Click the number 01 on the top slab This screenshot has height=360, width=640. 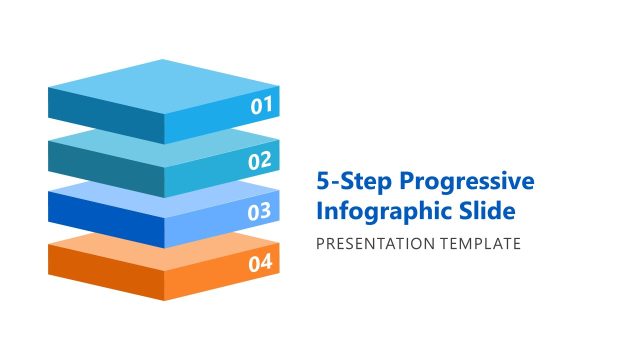(261, 105)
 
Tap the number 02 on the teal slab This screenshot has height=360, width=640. (260, 160)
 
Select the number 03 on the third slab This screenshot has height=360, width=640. (260, 211)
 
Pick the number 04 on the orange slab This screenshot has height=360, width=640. (260, 264)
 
